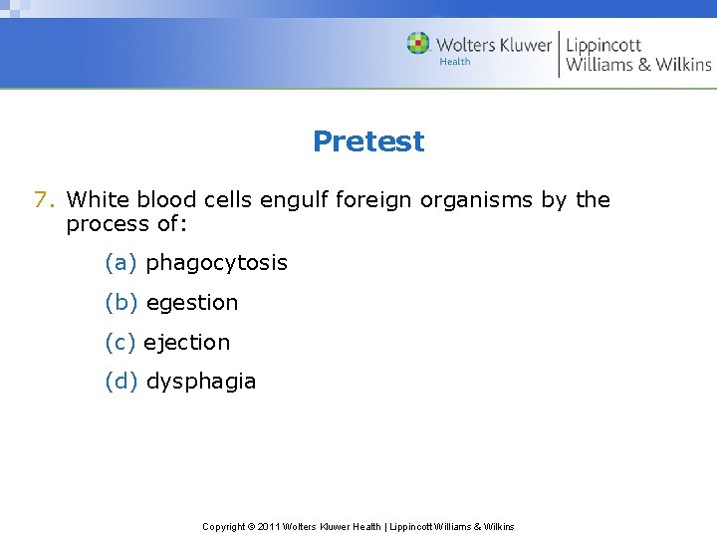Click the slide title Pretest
367,141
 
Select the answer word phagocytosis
216,263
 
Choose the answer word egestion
191,303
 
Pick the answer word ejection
186,342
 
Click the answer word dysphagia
200,381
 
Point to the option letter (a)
120,263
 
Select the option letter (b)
120,303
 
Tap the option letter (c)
119,342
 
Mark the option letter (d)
120,381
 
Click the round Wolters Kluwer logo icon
418,43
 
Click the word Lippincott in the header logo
603,45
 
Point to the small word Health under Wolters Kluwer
454,62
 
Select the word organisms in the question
477,200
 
